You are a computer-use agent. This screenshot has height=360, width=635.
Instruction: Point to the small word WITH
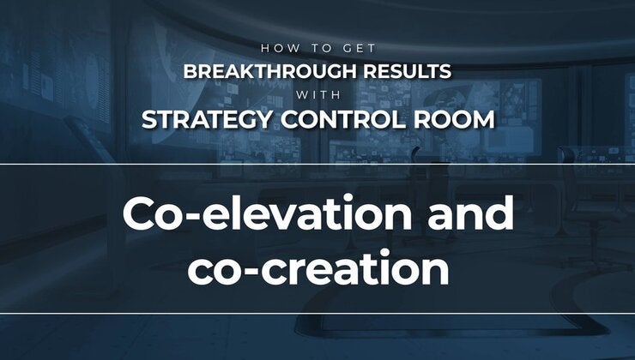317,94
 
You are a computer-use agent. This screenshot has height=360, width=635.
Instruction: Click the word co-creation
317,268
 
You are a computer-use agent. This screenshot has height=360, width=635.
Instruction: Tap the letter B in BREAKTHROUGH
190,71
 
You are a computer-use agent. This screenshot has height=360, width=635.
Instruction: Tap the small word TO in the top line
311,51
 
